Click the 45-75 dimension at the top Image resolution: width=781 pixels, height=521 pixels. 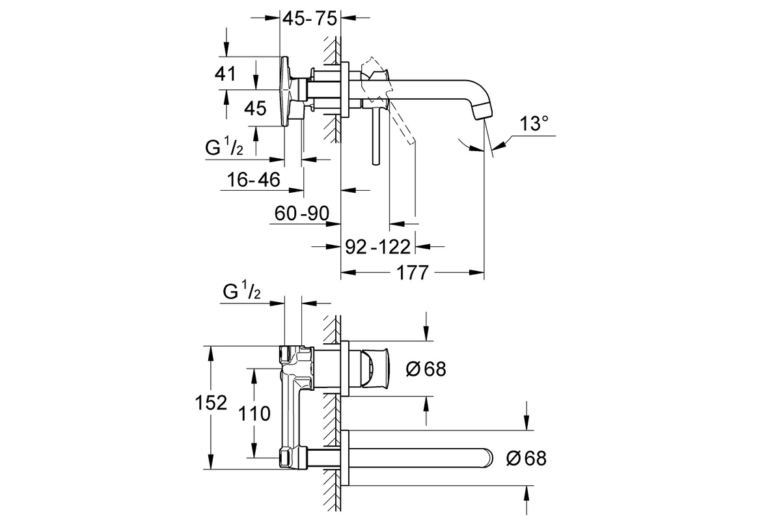(x=310, y=19)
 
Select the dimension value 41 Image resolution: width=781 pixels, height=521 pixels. (x=225, y=74)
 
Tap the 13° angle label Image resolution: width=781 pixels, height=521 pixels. (x=534, y=124)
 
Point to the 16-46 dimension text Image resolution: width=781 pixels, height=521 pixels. (x=253, y=180)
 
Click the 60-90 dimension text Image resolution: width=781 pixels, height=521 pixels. (x=302, y=213)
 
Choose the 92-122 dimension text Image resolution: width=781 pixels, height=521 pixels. (x=378, y=247)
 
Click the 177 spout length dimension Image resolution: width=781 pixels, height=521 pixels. (x=413, y=272)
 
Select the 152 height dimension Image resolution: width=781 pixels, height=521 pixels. (x=211, y=403)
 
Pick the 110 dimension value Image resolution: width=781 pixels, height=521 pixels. (x=254, y=414)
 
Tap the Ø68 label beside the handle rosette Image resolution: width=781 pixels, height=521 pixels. (x=426, y=369)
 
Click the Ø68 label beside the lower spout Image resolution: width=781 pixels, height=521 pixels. (x=527, y=458)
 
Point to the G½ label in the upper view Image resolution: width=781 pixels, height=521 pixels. (x=224, y=146)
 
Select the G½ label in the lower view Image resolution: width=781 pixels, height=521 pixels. (x=241, y=291)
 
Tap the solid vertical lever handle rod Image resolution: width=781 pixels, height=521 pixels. (x=376, y=136)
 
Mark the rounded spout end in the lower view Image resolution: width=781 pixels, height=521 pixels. (x=489, y=457)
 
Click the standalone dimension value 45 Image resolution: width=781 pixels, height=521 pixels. (x=255, y=109)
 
